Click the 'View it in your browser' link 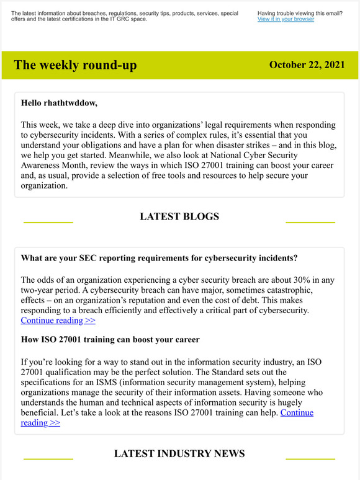tap(286, 19)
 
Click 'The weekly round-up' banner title tap(75, 65)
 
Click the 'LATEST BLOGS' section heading tap(179, 216)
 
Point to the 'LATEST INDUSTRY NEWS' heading tap(179, 454)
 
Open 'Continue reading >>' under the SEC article tap(58, 321)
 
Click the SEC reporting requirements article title tap(159, 257)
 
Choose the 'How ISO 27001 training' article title tap(110, 339)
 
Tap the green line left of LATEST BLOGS tap(48, 221)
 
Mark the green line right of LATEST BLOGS tap(310, 221)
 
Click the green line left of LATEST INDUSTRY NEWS tap(48, 459)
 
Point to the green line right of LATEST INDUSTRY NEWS tap(310, 459)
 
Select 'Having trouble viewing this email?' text tap(300, 13)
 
